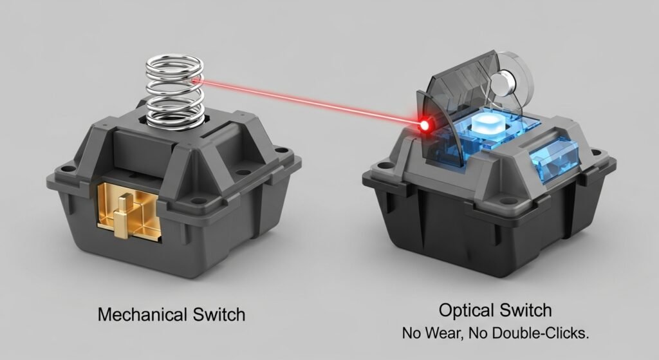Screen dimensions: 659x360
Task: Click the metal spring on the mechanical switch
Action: point(174,91)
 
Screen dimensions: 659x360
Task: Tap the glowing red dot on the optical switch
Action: point(425,125)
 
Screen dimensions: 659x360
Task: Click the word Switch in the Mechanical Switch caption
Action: point(219,314)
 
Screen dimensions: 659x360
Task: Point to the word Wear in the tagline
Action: point(443,333)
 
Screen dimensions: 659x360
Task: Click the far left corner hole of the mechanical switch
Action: point(66,169)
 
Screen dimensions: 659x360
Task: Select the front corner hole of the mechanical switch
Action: point(195,201)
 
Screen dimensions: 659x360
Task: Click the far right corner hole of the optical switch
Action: point(595,152)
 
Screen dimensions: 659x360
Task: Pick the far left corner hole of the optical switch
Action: point(382,165)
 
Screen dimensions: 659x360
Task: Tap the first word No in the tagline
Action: point(412,333)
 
